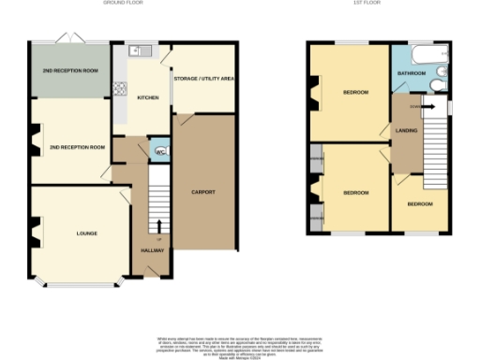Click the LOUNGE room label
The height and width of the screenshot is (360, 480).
(86, 233)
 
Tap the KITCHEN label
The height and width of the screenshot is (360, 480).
(148, 98)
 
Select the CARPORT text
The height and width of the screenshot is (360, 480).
(203, 192)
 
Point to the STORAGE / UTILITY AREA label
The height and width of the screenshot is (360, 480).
(203, 78)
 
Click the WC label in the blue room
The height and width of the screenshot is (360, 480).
(159, 151)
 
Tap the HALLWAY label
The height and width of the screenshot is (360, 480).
(153, 250)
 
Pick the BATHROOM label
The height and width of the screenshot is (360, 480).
(412, 73)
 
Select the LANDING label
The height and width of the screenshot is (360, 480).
(406, 130)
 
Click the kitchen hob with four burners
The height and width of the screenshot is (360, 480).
(119, 90)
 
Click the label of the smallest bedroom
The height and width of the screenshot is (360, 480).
(419, 203)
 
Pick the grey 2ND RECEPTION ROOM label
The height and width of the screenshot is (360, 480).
(70, 71)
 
